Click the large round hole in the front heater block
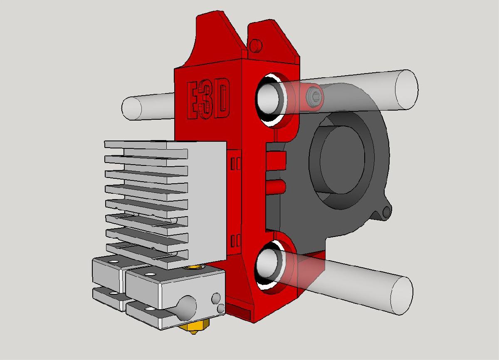tap(188, 307)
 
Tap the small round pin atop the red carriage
tap(255, 44)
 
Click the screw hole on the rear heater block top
tap(113, 261)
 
